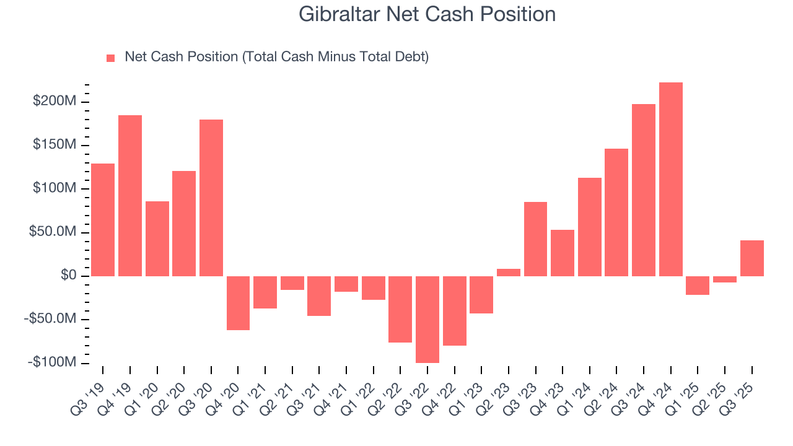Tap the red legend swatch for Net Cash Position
pos(111,58)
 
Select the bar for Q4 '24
pos(671,179)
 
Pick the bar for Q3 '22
pos(427,319)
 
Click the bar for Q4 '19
pos(130,195)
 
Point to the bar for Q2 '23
pos(509,272)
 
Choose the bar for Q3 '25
pos(752,258)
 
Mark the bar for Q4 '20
pos(238,303)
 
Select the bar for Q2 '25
pos(725,279)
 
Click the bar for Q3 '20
pos(211,198)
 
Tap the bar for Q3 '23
pos(535,238)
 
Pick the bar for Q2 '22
pos(400,309)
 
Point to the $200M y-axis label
pos(56,101)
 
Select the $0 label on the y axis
pos(69,276)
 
